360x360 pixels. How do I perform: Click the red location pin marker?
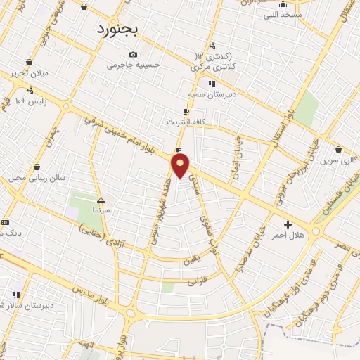point(181,166)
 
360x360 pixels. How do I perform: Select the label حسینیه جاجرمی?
point(133,65)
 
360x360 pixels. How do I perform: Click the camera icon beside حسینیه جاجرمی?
point(133,54)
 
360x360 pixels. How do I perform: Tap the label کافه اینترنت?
point(183,122)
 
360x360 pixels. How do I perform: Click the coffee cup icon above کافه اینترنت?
point(186,111)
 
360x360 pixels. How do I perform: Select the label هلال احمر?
point(288,236)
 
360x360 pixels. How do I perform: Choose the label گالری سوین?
point(345,160)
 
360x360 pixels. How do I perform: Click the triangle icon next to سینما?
point(101,200)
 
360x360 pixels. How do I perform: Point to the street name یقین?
point(191,259)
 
